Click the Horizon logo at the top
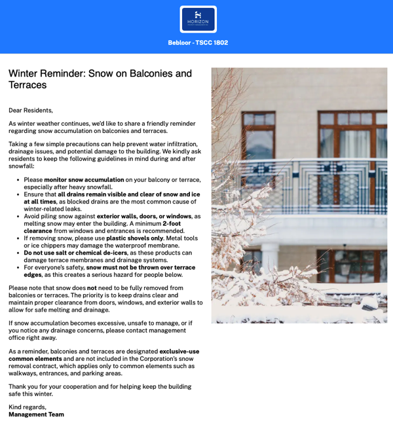click(198, 19)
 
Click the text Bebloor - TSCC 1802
click(198, 43)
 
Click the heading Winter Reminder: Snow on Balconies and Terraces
click(100, 79)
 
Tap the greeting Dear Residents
click(31, 110)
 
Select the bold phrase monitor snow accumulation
click(84, 179)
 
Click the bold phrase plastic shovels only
click(134, 238)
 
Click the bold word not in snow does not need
click(92, 287)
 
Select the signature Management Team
click(36, 414)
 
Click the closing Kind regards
click(28, 407)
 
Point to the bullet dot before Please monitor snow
click(18, 179)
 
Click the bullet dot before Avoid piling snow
click(18, 216)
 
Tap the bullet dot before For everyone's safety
click(18, 267)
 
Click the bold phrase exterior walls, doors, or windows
click(144, 216)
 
